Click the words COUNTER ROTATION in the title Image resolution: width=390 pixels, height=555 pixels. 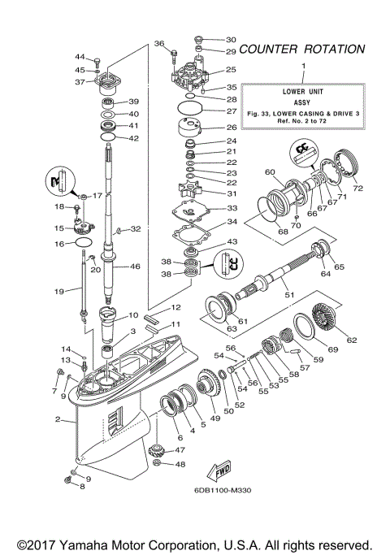302,49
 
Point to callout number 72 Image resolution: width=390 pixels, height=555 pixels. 358,189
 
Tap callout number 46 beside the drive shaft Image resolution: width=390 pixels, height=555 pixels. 135,266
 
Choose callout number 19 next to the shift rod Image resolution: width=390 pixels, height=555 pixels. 60,290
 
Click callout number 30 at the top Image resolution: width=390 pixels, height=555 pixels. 231,39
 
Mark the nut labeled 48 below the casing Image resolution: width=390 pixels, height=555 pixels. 158,465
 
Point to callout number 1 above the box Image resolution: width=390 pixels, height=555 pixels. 304,65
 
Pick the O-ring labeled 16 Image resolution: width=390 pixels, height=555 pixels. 82,243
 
